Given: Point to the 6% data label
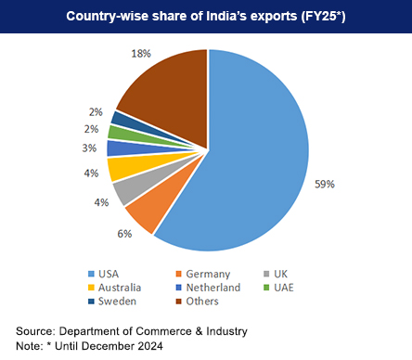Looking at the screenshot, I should (x=124, y=234).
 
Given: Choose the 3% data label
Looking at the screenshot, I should (x=88, y=148).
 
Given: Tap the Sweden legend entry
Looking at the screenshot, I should (x=115, y=302).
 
